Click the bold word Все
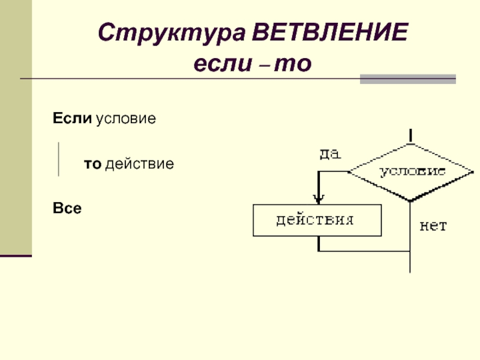[67, 208]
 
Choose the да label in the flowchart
[329, 154]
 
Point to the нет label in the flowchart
[433, 226]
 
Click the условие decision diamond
[410, 172]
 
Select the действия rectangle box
[317, 220]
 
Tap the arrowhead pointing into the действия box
[319, 198]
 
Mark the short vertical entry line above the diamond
[410, 136]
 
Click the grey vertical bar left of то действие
[58, 160]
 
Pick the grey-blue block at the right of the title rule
[407, 79]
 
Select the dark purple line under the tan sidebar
[16, 256]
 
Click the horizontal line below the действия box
[364, 251]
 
